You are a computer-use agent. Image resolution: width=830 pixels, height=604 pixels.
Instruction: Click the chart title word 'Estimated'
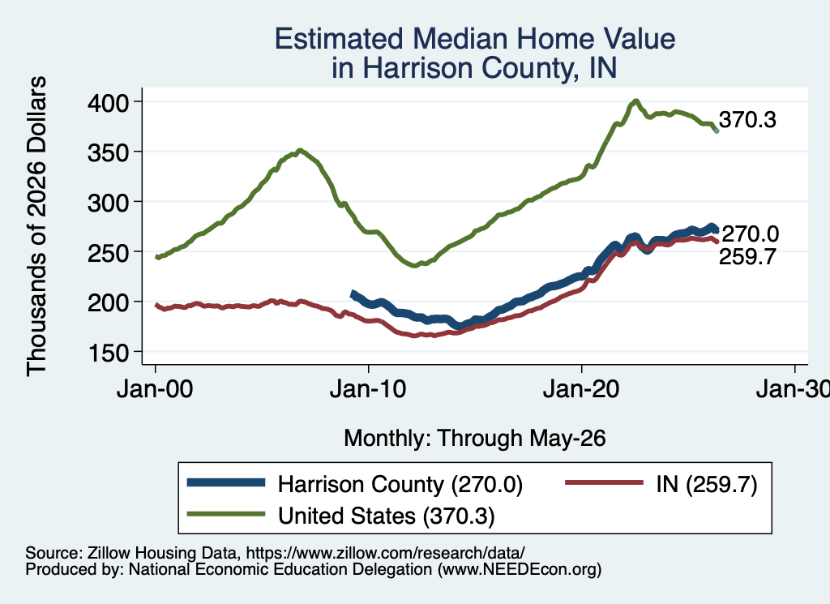(339, 39)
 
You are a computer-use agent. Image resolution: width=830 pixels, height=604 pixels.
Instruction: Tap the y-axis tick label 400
(108, 102)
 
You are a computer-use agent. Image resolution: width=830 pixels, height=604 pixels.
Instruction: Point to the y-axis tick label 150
(108, 353)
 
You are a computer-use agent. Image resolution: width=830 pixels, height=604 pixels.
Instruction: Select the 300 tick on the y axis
(108, 202)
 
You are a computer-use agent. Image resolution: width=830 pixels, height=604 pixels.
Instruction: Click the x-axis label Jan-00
(155, 389)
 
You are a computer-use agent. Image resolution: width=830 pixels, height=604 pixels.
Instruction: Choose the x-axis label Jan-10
(368, 389)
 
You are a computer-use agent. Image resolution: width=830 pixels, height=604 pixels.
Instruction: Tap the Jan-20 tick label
(581, 389)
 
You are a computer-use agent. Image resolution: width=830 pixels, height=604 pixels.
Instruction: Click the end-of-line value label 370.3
(747, 120)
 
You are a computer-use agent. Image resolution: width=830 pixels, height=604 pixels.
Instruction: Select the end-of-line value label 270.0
(750, 233)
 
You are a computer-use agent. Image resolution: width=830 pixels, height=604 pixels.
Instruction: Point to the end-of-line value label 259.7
(747, 257)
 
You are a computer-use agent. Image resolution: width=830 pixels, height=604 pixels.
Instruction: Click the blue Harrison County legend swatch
(226, 482)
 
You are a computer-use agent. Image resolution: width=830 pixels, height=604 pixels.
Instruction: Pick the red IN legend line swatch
(604, 482)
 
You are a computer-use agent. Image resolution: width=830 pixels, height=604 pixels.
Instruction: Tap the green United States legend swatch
(226, 514)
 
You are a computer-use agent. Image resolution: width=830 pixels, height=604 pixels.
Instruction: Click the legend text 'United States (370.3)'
(387, 516)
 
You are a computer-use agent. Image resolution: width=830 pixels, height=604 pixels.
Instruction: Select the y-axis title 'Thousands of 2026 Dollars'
(36, 226)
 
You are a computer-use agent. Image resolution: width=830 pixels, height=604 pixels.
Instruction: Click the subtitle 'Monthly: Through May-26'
(475, 439)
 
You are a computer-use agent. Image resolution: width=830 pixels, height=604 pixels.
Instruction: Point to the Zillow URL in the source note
(385, 553)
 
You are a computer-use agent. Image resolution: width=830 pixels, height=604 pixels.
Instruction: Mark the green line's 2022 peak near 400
(635, 101)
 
